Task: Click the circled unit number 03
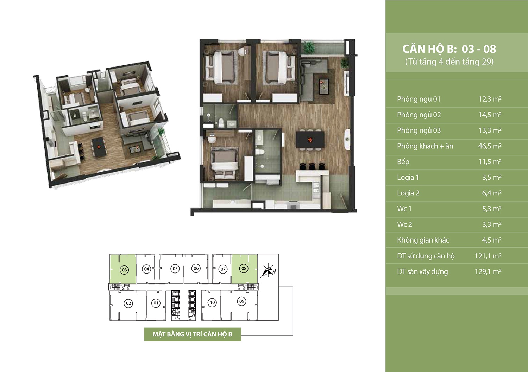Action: tap(125, 270)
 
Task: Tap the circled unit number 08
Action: tap(244, 268)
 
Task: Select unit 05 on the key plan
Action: tap(175, 269)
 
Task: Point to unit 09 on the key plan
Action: tap(242, 301)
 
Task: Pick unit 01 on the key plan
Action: tap(156, 303)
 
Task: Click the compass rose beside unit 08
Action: tap(268, 271)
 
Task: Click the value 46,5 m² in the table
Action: tap(490, 146)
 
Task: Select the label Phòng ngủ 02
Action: tap(419, 115)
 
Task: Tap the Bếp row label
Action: tap(403, 162)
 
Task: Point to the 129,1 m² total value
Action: tap(488, 271)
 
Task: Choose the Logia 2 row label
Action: tap(408, 193)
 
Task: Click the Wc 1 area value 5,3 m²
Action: tap(492, 209)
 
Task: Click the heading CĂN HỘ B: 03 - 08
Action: tap(449, 49)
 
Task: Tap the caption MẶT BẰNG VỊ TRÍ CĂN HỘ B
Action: tap(192, 334)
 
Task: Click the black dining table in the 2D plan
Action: tap(310, 140)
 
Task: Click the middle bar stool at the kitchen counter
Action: tap(312, 166)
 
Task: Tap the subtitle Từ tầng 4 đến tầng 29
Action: tap(449, 62)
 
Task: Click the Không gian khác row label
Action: tap(423, 240)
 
